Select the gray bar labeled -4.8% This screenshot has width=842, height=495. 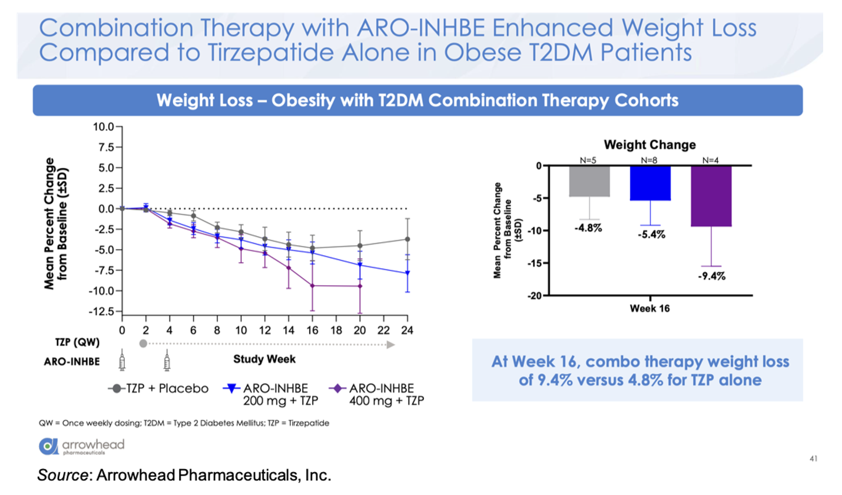coord(589,181)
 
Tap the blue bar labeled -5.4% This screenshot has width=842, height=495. coord(650,183)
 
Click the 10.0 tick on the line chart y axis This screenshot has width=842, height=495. coord(106,127)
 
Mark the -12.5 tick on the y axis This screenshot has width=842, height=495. coord(104,311)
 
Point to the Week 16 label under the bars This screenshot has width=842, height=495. coord(650,309)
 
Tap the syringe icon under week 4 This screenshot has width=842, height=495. coord(168,359)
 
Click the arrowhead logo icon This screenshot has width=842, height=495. coord(48,446)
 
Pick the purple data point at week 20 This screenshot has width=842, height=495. coord(360,286)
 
